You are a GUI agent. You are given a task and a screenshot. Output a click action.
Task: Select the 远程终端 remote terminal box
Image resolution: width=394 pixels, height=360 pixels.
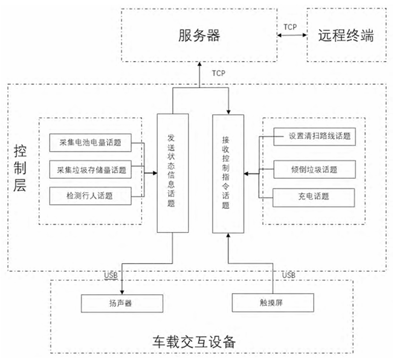346,35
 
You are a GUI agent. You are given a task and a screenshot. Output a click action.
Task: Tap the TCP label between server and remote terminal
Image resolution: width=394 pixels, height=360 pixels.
291,27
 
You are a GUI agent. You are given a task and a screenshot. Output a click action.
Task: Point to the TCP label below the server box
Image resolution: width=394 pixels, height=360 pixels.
218,73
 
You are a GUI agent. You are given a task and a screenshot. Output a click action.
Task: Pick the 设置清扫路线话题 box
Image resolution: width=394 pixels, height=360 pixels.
311,136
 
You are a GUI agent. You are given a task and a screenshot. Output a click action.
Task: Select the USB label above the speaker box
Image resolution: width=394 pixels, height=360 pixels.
110,275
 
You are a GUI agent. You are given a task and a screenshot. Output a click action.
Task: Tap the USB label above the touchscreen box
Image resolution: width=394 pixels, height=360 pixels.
288,275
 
